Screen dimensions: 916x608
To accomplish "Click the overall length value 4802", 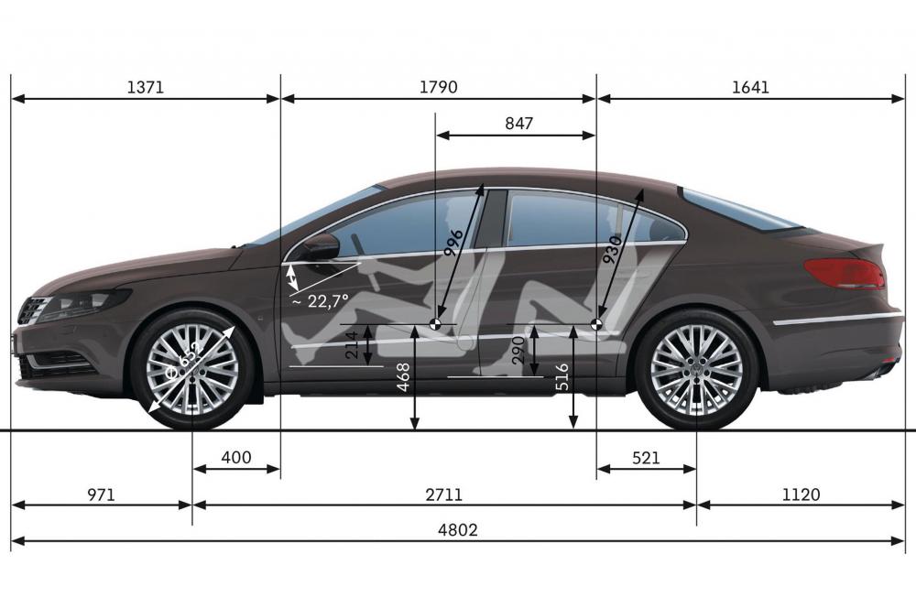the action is click(x=457, y=530).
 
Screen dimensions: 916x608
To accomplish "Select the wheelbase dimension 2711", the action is click(x=443, y=494).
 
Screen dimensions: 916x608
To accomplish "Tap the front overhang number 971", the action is click(x=101, y=494).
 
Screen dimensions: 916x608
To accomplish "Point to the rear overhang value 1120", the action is click(x=801, y=494).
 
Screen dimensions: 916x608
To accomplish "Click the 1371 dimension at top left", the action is click(x=146, y=88).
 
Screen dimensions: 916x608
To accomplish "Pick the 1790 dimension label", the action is click(x=438, y=88).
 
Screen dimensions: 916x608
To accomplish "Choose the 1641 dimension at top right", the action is click(x=751, y=88).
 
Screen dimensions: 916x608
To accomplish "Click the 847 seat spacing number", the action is click(x=518, y=124).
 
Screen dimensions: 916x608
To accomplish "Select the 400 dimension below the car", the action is click(x=236, y=457).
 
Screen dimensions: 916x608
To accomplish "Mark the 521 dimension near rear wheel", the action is click(x=646, y=457).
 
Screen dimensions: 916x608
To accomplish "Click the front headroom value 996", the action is click(x=454, y=244).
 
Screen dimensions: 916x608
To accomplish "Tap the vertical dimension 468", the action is click(x=403, y=377).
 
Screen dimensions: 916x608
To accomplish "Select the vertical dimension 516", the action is click(x=562, y=377).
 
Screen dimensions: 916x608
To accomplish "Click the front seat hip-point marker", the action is click(x=435, y=323).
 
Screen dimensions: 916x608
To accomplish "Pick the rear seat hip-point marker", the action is click(x=596, y=323).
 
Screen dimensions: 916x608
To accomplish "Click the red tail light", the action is click(x=845, y=274).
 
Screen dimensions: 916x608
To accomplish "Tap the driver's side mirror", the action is click(x=322, y=247).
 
